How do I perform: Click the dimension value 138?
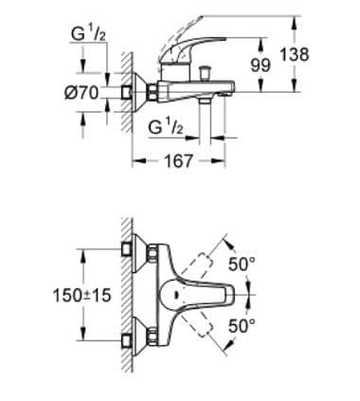pyautogui.click(x=295, y=54)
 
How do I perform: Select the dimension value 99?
pyautogui.click(x=261, y=65)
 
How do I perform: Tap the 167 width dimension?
pyautogui.click(x=178, y=161)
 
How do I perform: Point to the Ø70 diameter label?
pyautogui.click(x=81, y=93)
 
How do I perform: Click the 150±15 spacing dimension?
pyautogui.click(x=81, y=296)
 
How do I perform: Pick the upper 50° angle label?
pyautogui.click(x=243, y=264)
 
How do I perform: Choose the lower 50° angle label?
pyautogui.click(x=243, y=326)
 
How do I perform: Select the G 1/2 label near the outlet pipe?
pyautogui.click(x=166, y=127)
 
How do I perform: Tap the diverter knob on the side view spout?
pyautogui.click(x=207, y=73)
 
